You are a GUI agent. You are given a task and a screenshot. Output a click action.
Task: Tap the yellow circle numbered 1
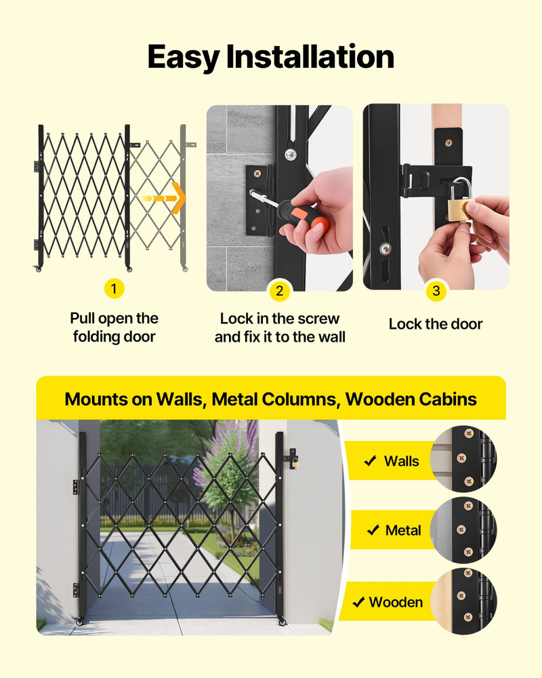pyautogui.click(x=114, y=290)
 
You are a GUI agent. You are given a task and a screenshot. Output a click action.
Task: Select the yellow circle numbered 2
pyautogui.click(x=279, y=292)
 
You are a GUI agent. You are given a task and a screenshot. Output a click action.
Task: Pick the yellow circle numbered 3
pyautogui.click(x=436, y=292)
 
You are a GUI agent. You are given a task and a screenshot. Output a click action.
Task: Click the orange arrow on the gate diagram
pyautogui.click(x=167, y=198)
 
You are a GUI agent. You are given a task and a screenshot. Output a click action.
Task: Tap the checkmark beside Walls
pyautogui.click(x=370, y=462)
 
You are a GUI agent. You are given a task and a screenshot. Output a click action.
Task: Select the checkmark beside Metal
pyautogui.click(x=372, y=531)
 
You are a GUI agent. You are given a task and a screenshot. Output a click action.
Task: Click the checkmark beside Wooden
pyautogui.click(x=358, y=602)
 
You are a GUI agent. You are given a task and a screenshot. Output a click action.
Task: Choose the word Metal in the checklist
pyautogui.click(x=403, y=531)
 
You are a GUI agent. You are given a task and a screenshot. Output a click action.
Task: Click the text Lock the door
pyautogui.click(x=436, y=324)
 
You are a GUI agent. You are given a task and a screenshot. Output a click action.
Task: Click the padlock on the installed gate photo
pyautogui.click(x=295, y=462)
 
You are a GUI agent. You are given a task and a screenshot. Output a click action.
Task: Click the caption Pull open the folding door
pyautogui.click(x=114, y=327)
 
